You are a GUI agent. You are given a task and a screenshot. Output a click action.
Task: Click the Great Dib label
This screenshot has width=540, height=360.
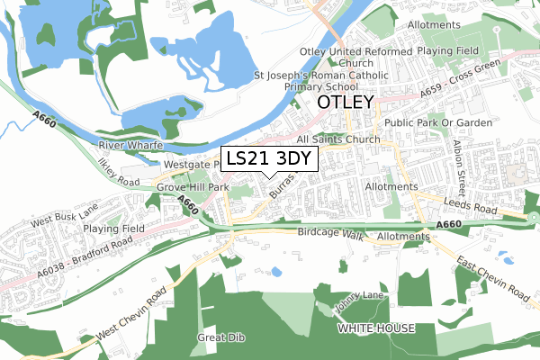[215, 338]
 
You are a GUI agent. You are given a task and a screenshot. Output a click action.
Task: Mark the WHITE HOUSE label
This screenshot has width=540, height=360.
[376, 329]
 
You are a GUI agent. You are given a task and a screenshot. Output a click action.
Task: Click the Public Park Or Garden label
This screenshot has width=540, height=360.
[438, 122]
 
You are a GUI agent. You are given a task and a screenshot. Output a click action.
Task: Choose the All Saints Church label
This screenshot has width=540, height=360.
[338, 139]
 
